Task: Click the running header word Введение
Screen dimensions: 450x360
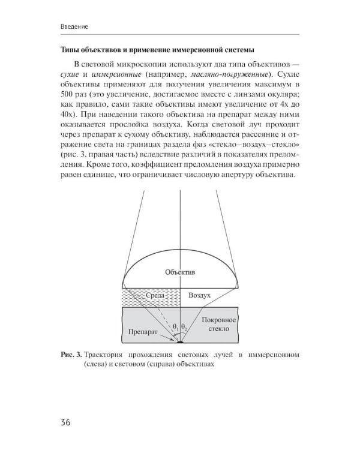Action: (75, 27)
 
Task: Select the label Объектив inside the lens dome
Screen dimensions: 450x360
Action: (180, 272)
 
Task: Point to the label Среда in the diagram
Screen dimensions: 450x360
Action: (155, 296)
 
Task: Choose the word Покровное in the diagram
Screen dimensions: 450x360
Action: (219, 320)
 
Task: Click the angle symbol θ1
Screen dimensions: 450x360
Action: (175, 327)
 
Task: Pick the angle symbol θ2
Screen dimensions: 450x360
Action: (185, 327)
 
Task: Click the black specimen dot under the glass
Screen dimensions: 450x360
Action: (180, 343)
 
